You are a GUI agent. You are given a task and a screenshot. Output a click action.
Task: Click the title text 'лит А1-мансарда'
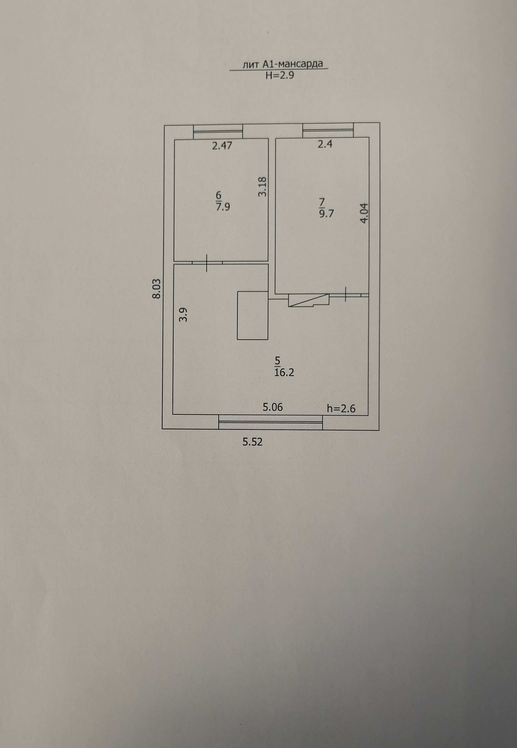[x=282, y=64]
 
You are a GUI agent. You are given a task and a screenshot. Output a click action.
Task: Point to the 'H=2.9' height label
[x=280, y=76]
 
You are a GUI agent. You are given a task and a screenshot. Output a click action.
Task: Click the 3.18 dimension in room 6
[x=262, y=186]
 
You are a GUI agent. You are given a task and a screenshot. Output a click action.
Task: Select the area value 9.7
[x=326, y=214]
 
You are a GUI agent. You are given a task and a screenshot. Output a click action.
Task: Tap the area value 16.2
[x=284, y=373]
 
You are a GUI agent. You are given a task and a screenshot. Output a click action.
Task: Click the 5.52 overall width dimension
[x=252, y=442]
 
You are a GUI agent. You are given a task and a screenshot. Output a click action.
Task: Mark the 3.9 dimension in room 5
[x=184, y=314]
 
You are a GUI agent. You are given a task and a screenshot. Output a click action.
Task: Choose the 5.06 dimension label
[x=273, y=407]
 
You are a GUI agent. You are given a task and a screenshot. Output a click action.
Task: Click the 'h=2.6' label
[x=341, y=409]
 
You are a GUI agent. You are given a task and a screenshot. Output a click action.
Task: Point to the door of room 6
[x=207, y=263]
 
